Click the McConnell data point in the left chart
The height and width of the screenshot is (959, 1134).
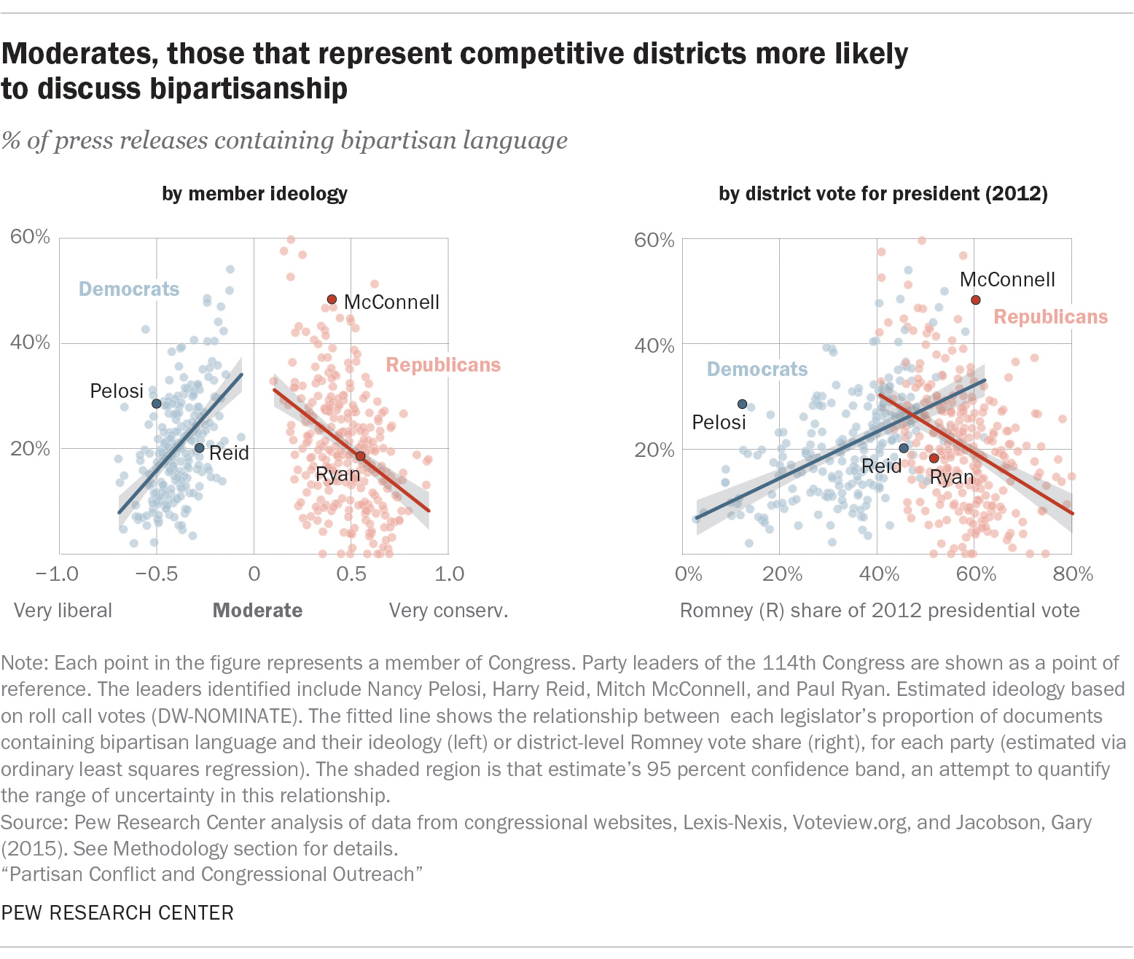(x=332, y=300)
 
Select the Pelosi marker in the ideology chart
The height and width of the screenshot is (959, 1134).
(x=156, y=404)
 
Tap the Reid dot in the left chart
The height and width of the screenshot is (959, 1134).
(x=199, y=448)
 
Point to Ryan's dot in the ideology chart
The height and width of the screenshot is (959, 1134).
(x=360, y=456)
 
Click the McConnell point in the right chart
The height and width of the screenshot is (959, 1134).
(x=975, y=300)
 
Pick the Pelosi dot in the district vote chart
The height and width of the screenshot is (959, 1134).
(x=742, y=404)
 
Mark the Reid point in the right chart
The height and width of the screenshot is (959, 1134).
(x=904, y=448)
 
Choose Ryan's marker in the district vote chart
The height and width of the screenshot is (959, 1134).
(x=934, y=458)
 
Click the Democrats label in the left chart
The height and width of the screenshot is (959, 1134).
(x=129, y=289)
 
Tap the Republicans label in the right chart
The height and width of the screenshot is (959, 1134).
(x=1050, y=317)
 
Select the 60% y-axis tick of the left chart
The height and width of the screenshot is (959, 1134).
(x=30, y=237)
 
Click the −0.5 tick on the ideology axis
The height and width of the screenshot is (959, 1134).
(x=156, y=574)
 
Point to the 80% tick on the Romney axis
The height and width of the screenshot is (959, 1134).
(x=1073, y=574)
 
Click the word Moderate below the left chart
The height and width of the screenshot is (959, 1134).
(x=257, y=611)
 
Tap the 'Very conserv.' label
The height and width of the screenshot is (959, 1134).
(x=448, y=611)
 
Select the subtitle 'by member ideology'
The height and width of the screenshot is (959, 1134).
(x=254, y=194)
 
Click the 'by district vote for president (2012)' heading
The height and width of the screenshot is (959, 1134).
(x=883, y=194)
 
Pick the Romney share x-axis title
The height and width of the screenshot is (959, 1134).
(x=880, y=611)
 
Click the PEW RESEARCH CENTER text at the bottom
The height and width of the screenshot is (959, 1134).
(x=117, y=913)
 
